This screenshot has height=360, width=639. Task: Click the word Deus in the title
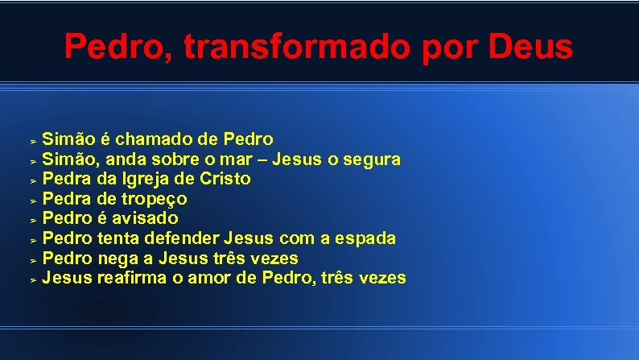530,47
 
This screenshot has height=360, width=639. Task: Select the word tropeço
153,199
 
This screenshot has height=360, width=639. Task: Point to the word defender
182,238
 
